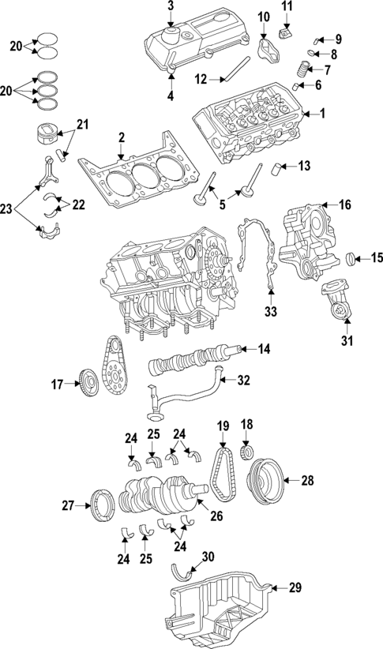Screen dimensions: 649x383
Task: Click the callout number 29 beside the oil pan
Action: point(295,587)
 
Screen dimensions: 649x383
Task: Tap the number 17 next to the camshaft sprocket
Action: point(56,385)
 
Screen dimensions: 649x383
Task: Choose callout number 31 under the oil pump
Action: point(346,341)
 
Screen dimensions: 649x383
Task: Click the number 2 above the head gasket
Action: point(122,139)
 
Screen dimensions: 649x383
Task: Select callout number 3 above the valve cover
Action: point(170,7)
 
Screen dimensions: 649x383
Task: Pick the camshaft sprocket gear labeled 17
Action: point(88,386)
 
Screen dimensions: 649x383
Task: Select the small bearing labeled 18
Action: point(246,452)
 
